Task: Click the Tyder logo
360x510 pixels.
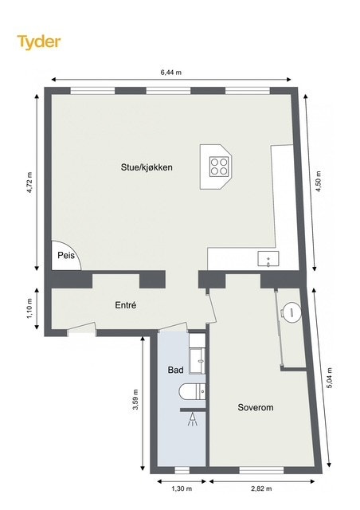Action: click(39, 41)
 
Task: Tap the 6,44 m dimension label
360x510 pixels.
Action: click(170, 72)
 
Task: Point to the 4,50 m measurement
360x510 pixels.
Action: click(319, 182)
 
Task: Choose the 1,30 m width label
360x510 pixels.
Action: click(182, 488)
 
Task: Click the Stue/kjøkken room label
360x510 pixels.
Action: click(147, 167)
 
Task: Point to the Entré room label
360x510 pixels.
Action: click(126, 304)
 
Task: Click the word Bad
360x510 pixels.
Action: click(175, 371)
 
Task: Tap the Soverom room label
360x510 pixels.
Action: click(256, 407)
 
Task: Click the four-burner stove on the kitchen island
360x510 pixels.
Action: click(220, 166)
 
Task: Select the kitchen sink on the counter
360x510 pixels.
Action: click(268, 258)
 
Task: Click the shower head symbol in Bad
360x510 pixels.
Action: click(193, 420)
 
